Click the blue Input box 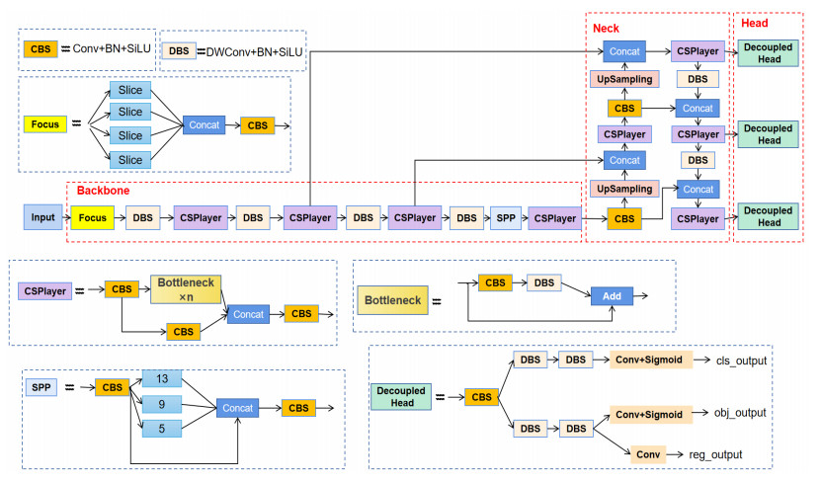pos(42,217)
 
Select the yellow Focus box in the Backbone pos(92,217)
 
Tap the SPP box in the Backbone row pos(504,217)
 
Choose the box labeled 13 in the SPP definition pos(162,379)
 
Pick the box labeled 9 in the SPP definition pos(162,403)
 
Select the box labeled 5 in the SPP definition pos(162,428)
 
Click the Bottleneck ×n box pos(186,289)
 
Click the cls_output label pos(740,361)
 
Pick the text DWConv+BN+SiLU pos(254,50)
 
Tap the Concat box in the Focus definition pos(204,125)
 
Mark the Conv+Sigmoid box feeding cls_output pos(653,361)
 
